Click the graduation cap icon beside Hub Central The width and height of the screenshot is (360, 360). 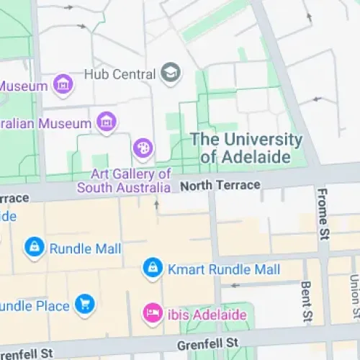[x=171, y=73]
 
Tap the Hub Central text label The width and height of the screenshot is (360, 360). [x=120, y=74]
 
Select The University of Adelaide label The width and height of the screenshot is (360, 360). [x=246, y=148]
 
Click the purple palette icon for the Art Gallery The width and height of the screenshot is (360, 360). [x=143, y=149]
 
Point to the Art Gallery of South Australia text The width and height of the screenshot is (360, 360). [x=130, y=181]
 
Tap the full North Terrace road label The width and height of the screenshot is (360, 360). [x=220, y=185]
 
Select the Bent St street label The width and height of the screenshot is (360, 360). [x=306, y=302]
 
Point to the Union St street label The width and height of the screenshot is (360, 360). [x=354, y=297]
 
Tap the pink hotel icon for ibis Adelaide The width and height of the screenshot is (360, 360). [x=152, y=313]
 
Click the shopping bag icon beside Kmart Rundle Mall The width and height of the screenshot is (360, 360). [x=152, y=269]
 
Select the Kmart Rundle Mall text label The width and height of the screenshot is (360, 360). [x=223, y=270]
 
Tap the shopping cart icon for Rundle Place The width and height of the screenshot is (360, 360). [x=86, y=305]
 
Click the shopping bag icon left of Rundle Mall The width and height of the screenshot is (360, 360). [x=33, y=248]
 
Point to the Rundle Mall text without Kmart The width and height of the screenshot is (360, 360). [x=85, y=249]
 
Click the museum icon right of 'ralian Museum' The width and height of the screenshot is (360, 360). [x=107, y=122]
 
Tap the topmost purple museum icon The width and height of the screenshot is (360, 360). [x=64, y=86]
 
